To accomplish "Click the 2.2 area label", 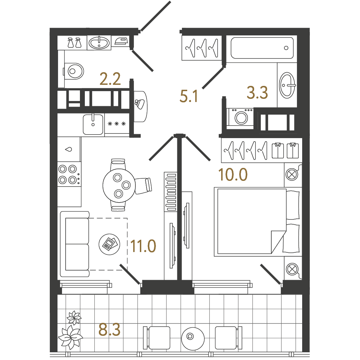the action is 110,79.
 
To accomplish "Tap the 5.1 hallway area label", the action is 189,96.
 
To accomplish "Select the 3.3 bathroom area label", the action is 257,93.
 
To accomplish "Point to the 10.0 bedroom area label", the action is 233,175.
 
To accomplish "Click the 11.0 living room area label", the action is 143,246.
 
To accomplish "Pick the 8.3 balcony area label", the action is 109,330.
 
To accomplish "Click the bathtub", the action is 262,48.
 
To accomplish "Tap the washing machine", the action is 240,117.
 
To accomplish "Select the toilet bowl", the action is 74,72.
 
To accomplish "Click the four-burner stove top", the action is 69,174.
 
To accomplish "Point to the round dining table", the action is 119,185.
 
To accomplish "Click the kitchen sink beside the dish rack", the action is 93,124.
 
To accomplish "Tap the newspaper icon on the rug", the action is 109,244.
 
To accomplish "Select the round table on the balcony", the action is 193,339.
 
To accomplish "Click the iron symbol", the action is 121,41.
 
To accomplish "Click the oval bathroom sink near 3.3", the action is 287,86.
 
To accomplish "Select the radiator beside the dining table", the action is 170,192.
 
